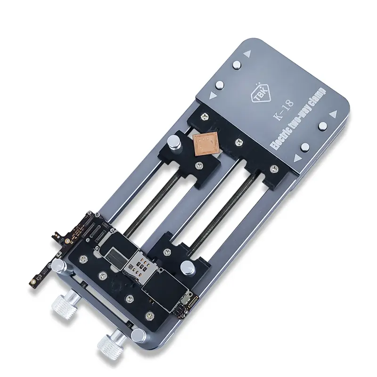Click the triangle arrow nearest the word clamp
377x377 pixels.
tap(334, 114)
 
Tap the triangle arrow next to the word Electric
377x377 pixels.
tap(297, 157)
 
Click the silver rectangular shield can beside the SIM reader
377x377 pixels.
tap(115, 257)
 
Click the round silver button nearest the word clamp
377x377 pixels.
tap(322, 127)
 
